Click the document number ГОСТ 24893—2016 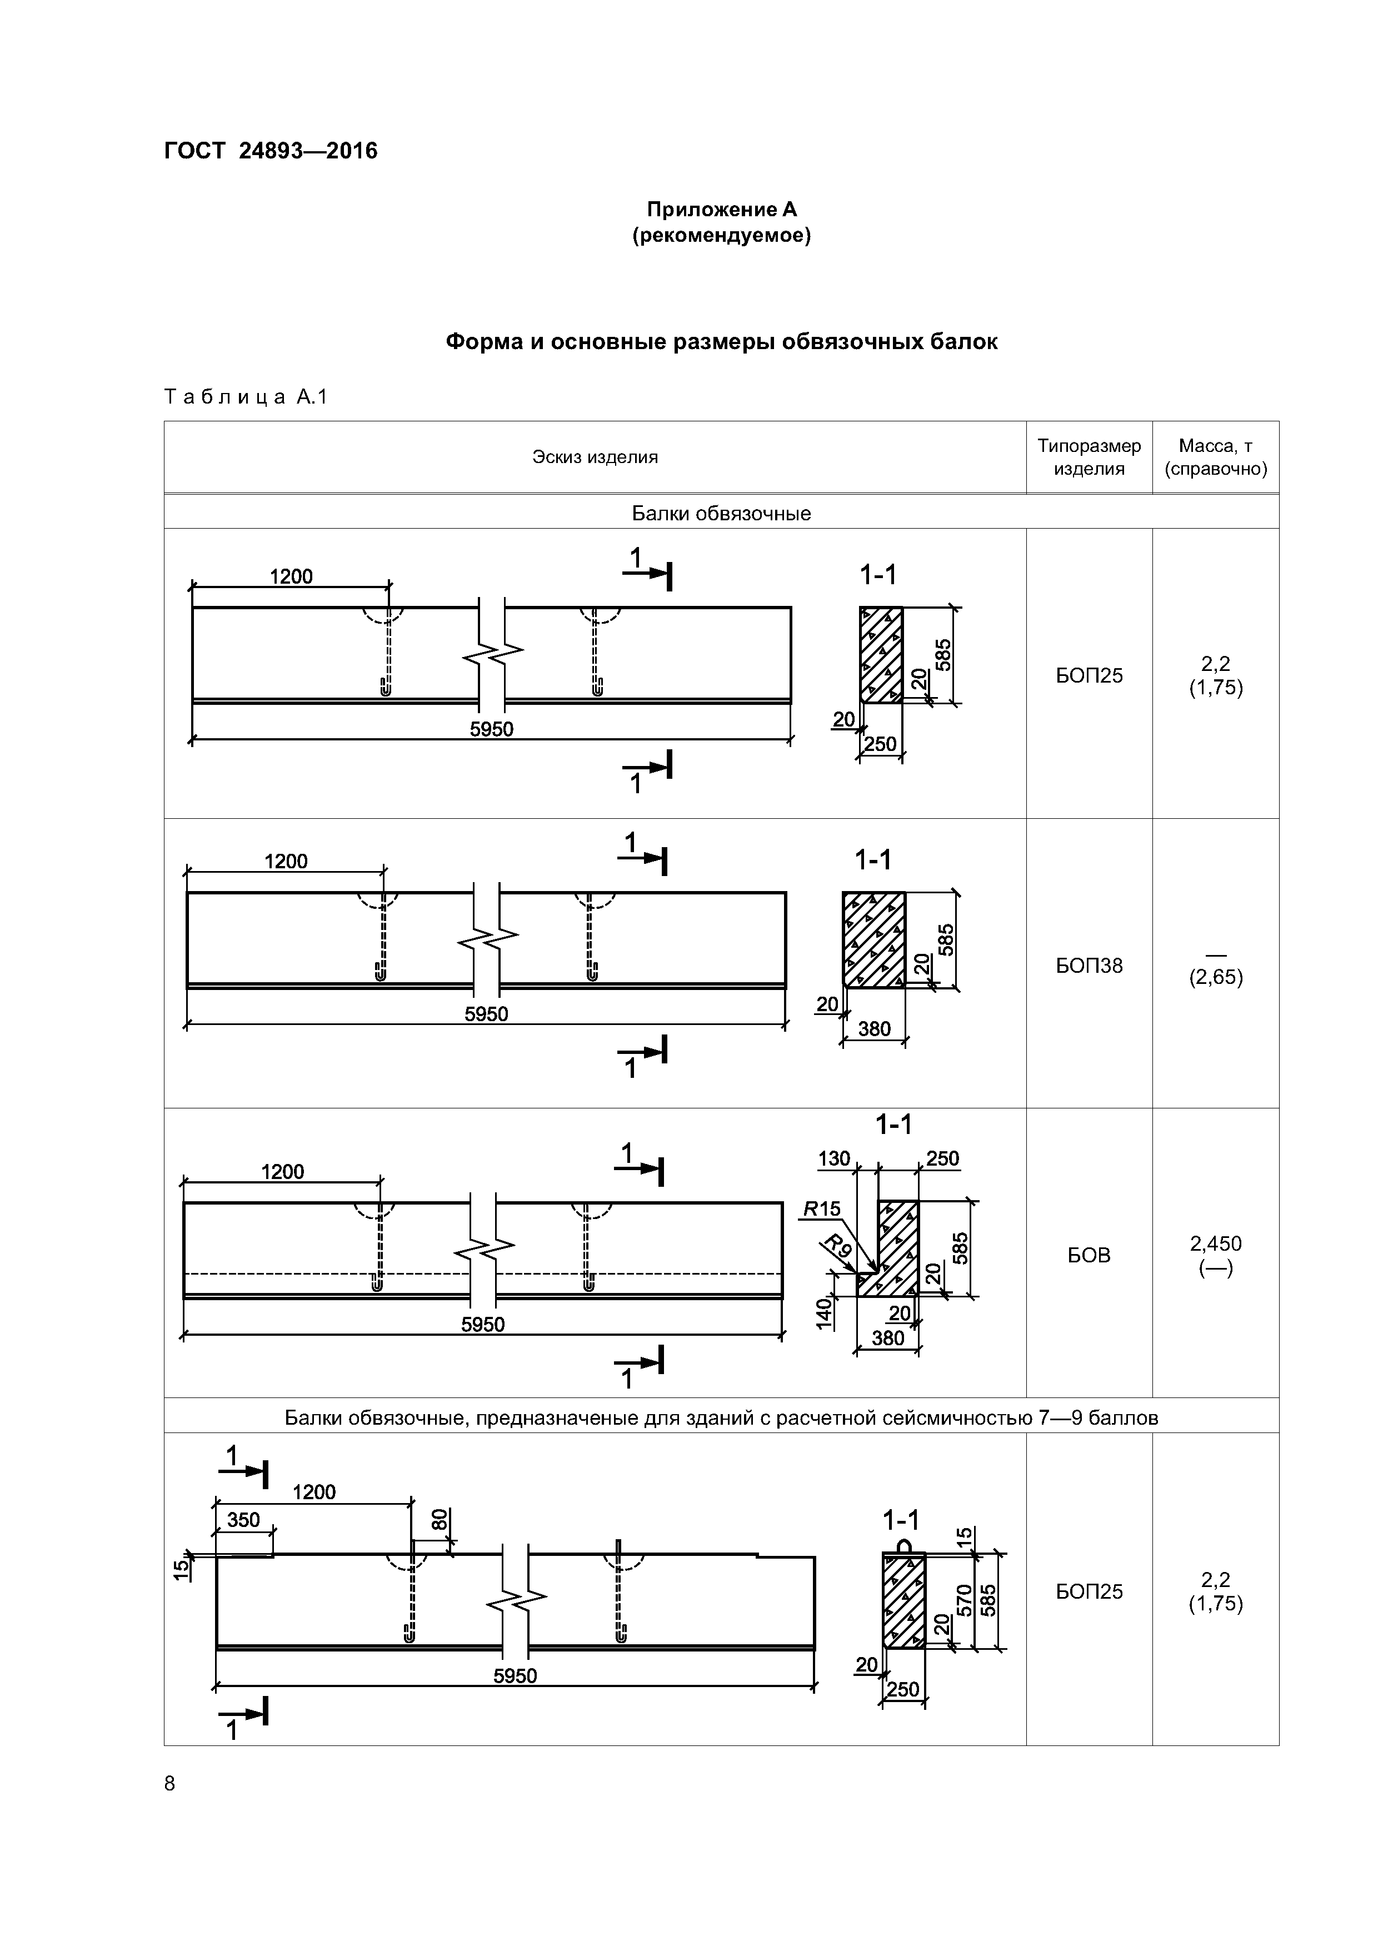[270, 151]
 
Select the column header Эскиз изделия [595, 457]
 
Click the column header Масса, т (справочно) [1215, 457]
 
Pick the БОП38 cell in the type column [1089, 965]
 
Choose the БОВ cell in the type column [1089, 1255]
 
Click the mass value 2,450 [1215, 1243]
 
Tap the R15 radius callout [821, 1208]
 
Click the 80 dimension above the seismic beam [439, 1519]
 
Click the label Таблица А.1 [246, 397]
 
